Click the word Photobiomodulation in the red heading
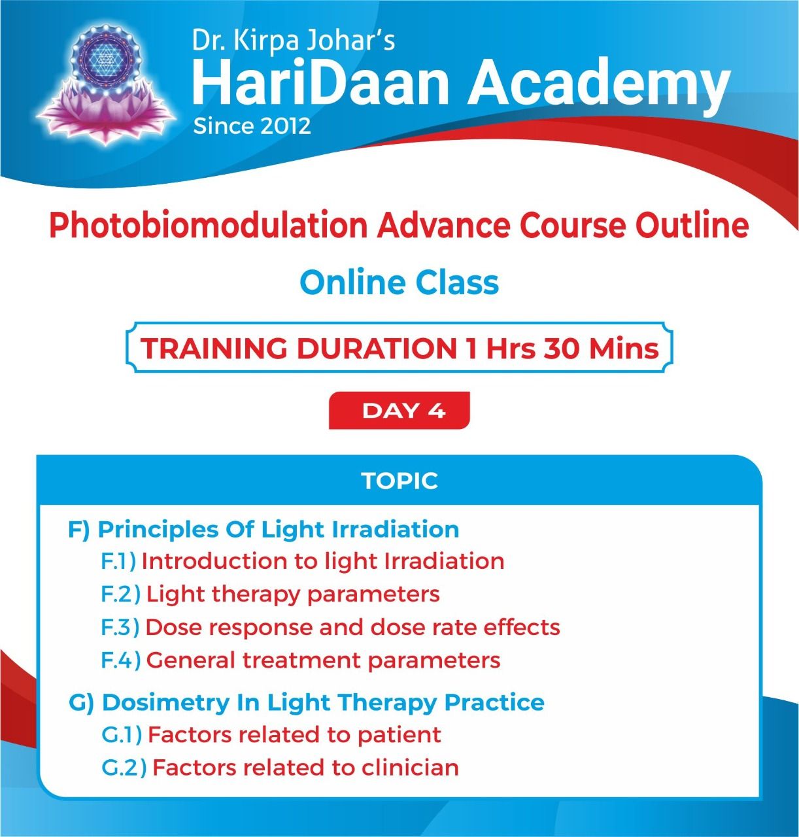pos(209,225)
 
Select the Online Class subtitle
pos(399,282)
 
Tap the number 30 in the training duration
pos(562,348)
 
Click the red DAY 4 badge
pos(399,411)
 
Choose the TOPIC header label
pos(399,481)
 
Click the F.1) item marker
pos(118,561)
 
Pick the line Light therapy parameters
pos(294,594)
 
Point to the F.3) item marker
pos(120,627)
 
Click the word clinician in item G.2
pos(410,768)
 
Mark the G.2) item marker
pos(124,768)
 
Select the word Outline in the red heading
pos(692,225)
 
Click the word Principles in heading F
pos(158,530)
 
